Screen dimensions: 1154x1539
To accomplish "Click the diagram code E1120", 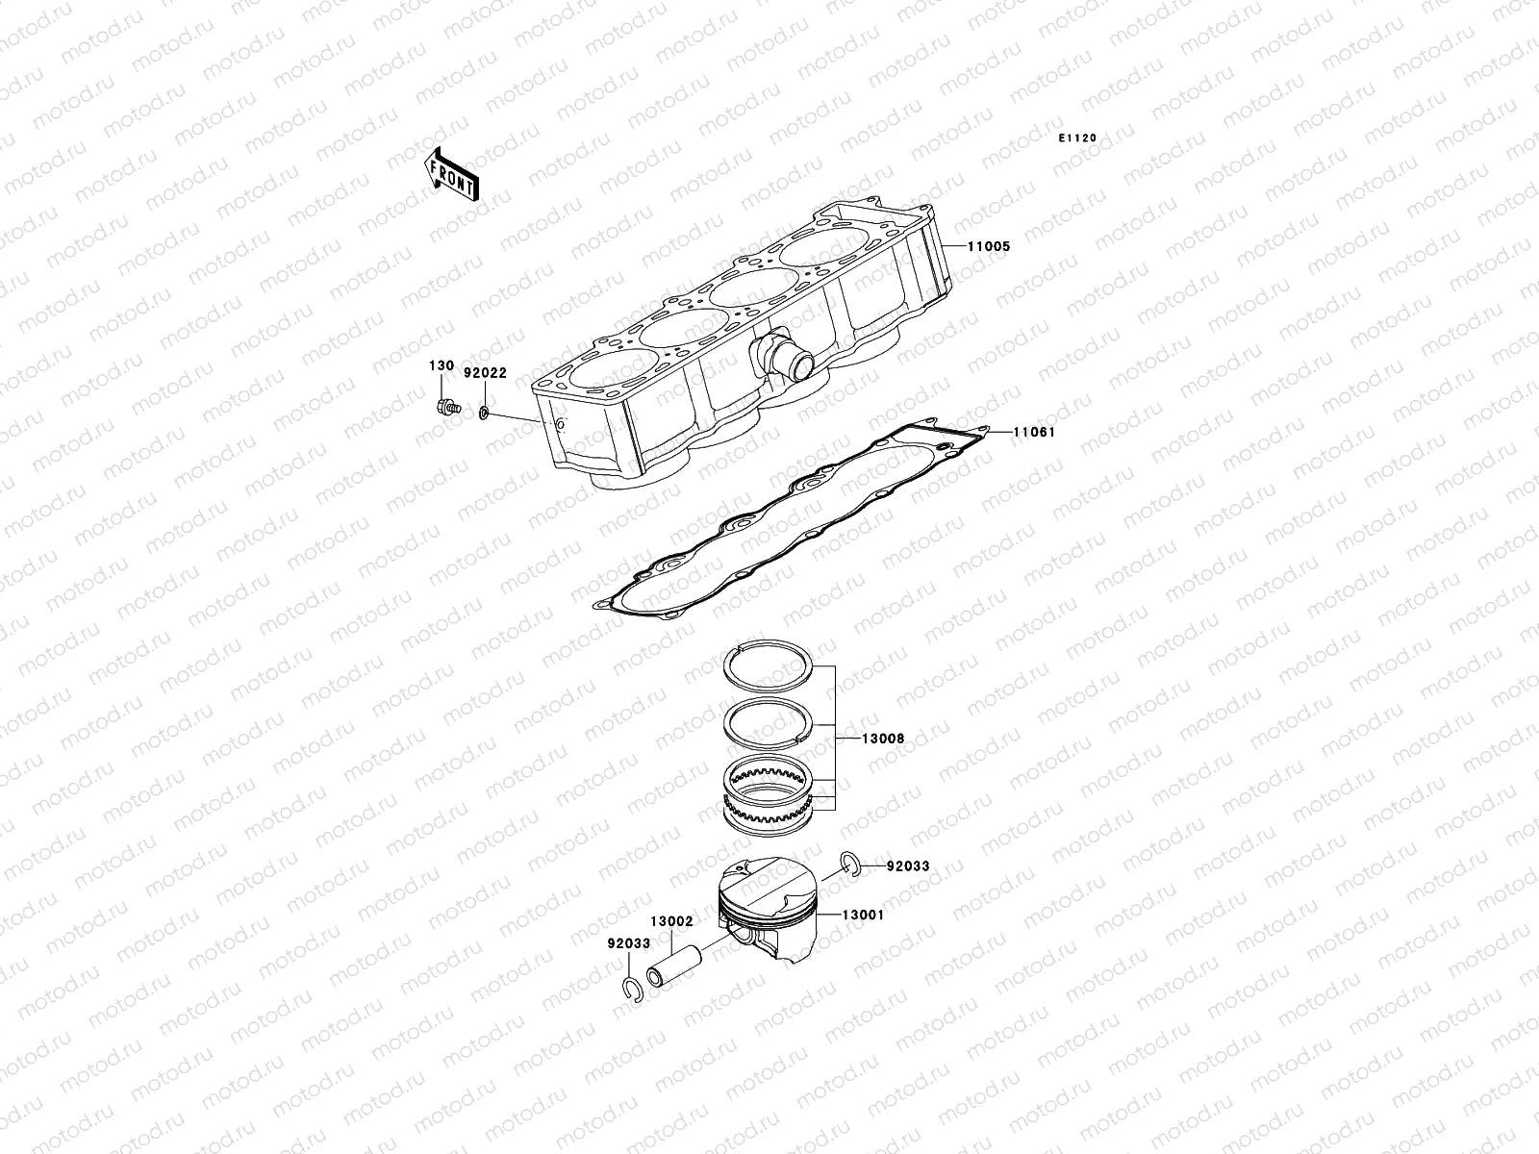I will [1077, 138].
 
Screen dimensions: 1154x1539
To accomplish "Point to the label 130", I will [441, 366].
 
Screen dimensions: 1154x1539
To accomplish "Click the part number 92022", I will [485, 372].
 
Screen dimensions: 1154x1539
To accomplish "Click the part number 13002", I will [670, 920].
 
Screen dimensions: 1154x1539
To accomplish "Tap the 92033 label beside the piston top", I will [908, 865].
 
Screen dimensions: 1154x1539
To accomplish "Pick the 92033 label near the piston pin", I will [628, 942].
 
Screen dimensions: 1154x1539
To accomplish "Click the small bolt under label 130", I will [445, 407].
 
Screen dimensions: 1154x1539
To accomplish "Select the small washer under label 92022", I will [483, 414].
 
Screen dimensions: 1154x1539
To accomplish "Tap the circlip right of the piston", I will [846, 863].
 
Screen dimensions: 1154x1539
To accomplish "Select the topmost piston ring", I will [769, 663].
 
